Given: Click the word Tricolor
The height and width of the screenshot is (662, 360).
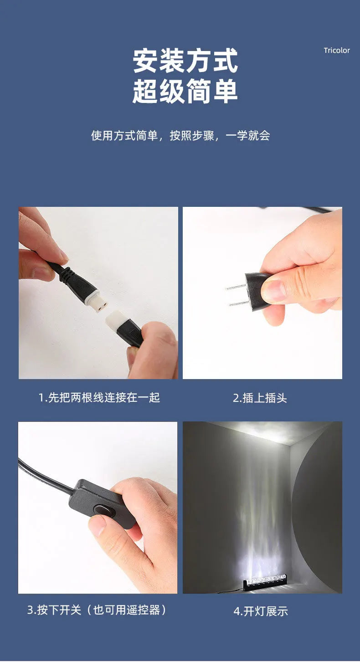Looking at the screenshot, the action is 337,50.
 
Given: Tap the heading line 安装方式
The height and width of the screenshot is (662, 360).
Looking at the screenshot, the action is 185,61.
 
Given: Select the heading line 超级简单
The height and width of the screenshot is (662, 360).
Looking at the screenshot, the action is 185,91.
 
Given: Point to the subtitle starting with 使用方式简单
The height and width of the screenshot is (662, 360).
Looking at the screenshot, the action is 180,135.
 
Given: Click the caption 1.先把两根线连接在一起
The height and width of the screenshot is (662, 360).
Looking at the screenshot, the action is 99,397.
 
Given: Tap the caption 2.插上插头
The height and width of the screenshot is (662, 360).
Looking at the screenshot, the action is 260,398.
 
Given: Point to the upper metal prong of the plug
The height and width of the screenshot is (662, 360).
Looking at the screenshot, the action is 236,287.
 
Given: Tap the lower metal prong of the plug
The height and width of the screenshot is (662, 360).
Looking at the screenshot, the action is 239,303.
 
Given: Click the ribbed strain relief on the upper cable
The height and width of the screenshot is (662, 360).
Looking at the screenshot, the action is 65,274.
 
